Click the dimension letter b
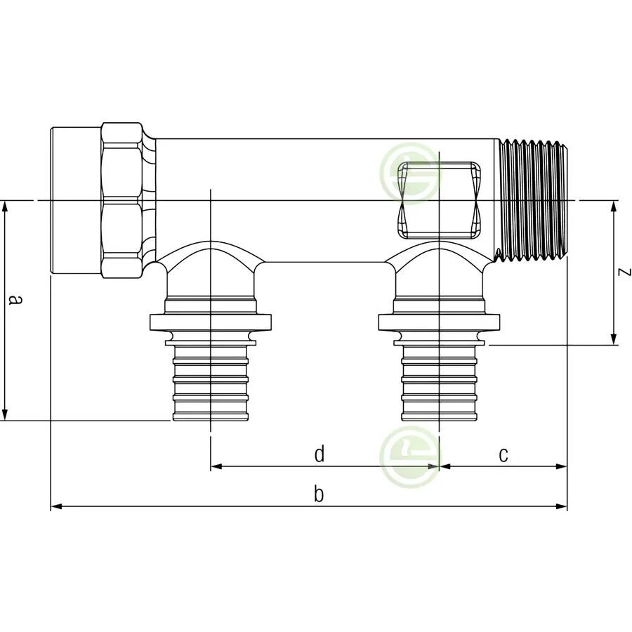(319, 495)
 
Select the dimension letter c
(503, 455)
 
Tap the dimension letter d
(320, 455)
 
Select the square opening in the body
(440, 199)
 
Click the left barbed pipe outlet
(211, 383)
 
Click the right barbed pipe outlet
(440, 383)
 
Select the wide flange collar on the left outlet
(211, 322)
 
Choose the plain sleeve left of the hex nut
(76, 200)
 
